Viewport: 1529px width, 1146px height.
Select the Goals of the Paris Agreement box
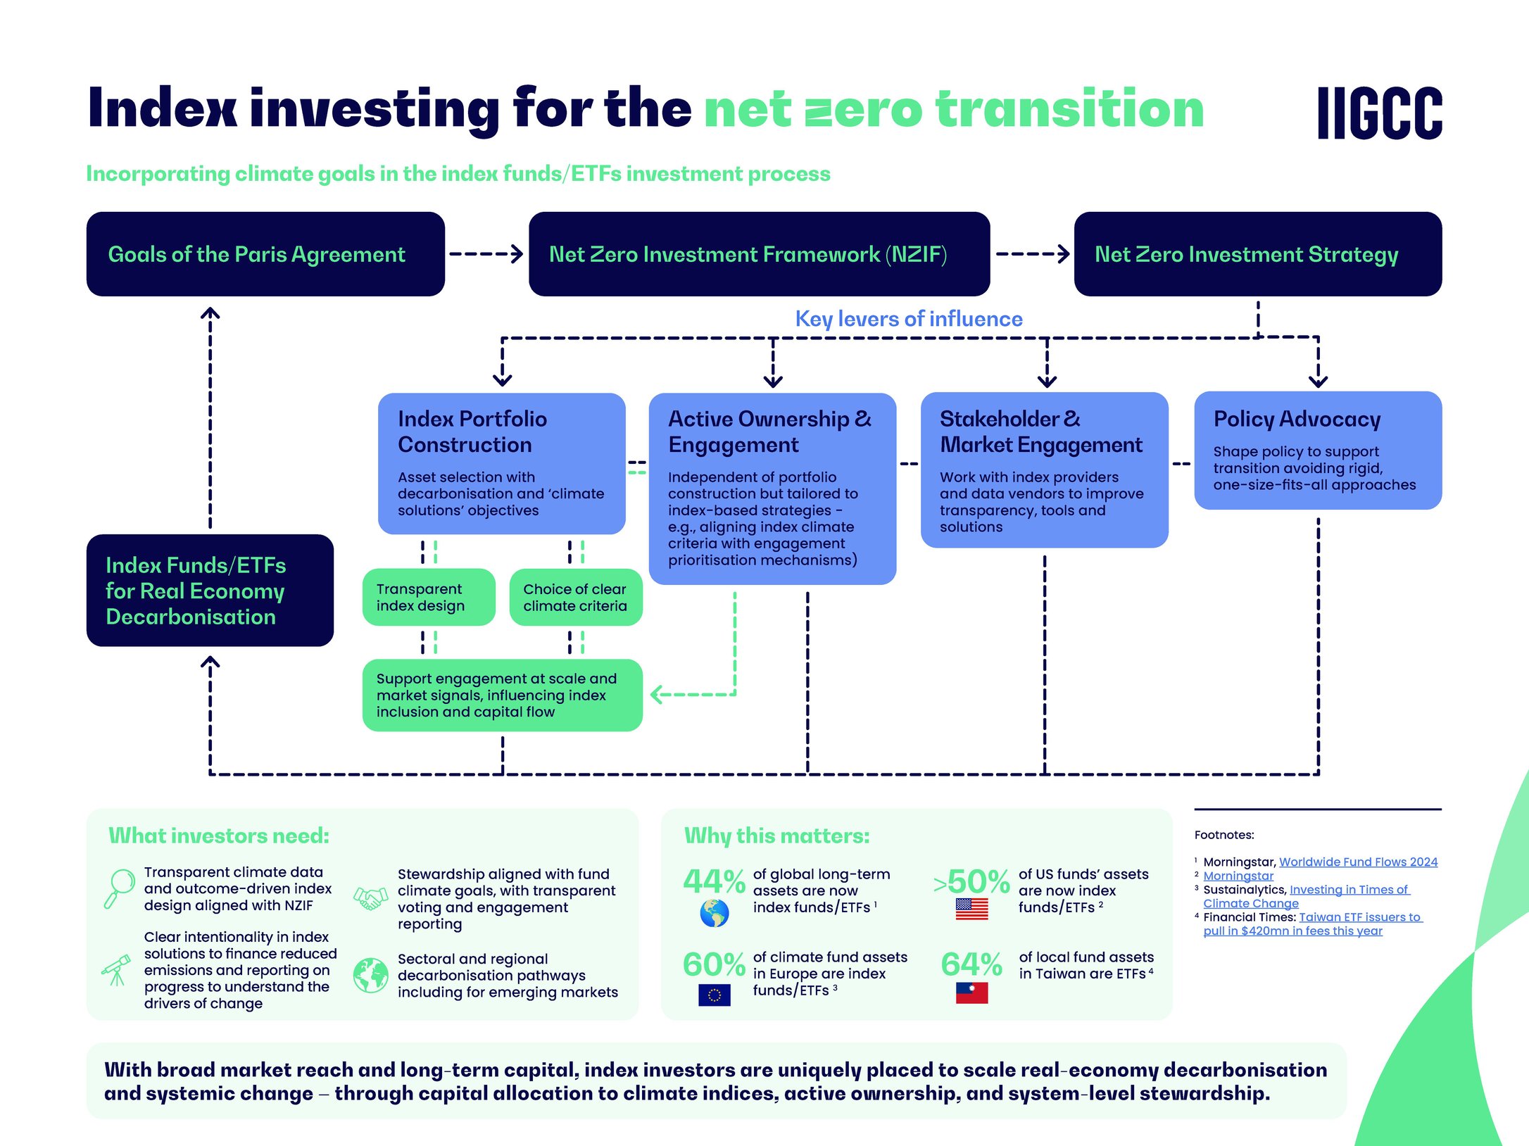point(265,254)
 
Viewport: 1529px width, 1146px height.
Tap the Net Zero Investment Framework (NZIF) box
point(759,254)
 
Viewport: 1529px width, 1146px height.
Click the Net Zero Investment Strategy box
point(1257,254)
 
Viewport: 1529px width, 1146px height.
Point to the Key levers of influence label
point(908,319)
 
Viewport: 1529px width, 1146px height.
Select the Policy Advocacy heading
point(1297,419)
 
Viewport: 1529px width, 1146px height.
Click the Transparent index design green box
point(428,597)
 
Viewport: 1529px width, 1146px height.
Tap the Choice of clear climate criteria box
point(575,597)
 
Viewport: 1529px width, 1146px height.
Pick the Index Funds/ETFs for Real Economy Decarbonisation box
point(210,591)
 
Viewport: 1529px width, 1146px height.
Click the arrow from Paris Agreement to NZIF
point(486,254)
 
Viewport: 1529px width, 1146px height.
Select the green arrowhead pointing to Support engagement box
point(657,695)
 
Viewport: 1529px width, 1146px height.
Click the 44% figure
point(713,881)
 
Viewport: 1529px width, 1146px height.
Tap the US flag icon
point(971,909)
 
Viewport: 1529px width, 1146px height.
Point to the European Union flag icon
point(714,995)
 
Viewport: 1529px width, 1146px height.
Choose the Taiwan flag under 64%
point(971,993)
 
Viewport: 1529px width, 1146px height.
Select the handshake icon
point(370,898)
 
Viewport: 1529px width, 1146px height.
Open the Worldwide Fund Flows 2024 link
point(1357,862)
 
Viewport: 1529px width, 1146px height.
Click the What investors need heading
point(219,836)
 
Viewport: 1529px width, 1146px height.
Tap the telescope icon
point(117,970)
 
